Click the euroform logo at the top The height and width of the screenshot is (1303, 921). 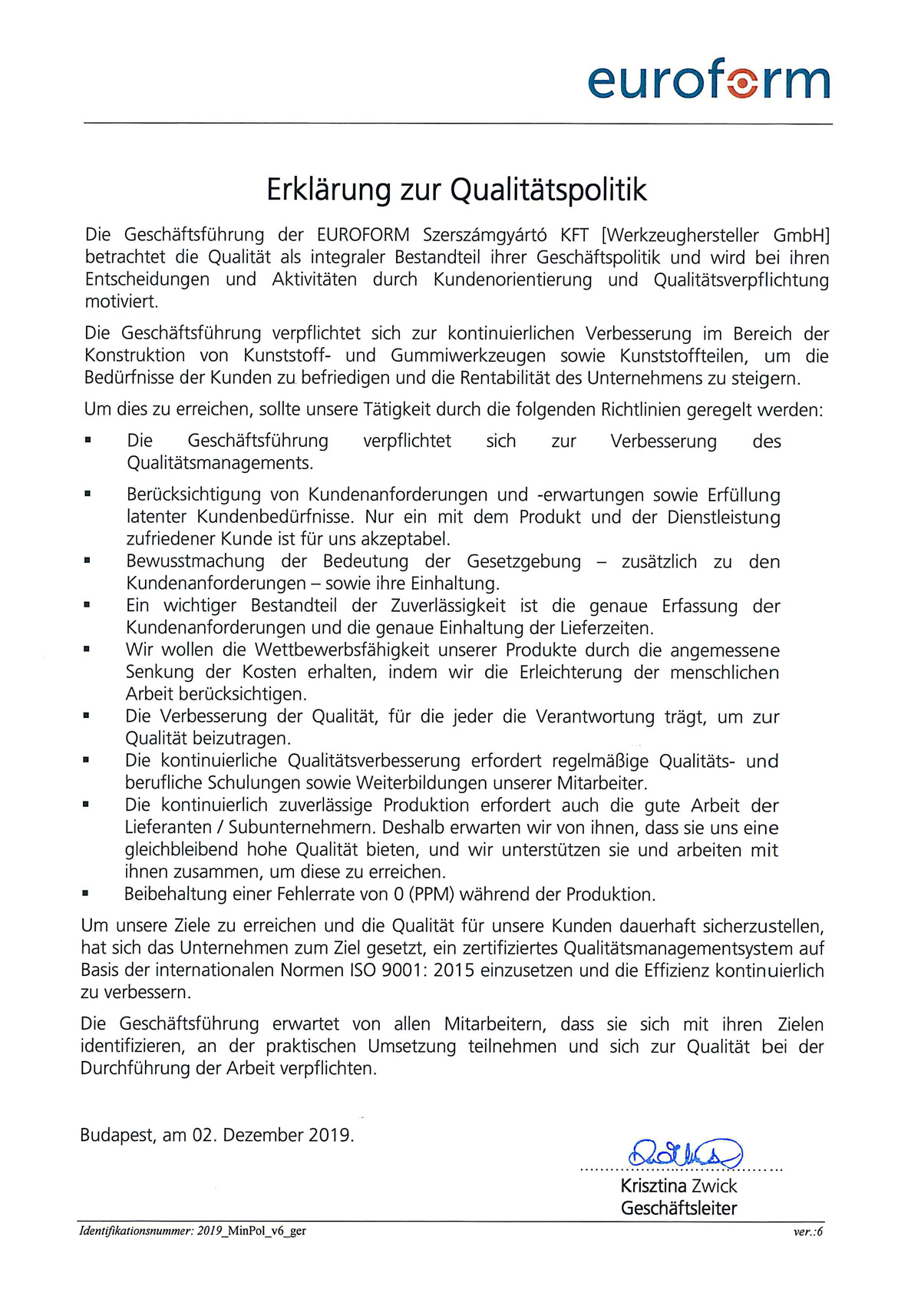click(x=708, y=78)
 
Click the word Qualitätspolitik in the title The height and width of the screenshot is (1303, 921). click(x=549, y=190)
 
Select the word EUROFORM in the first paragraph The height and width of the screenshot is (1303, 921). click(x=363, y=235)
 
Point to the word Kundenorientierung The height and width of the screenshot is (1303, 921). click(x=513, y=279)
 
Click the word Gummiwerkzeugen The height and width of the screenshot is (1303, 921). click(x=468, y=356)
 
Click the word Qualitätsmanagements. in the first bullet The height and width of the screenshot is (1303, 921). click(x=220, y=463)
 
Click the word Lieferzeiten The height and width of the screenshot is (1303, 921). click(x=606, y=628)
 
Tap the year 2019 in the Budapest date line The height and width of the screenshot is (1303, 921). click(x=330, y=1135)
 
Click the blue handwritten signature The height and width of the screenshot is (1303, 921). click(x=685, y=1153)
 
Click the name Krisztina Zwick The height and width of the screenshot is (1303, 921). click(x=678, y=1186)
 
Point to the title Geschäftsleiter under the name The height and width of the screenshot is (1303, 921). click(x=678, y=1209)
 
